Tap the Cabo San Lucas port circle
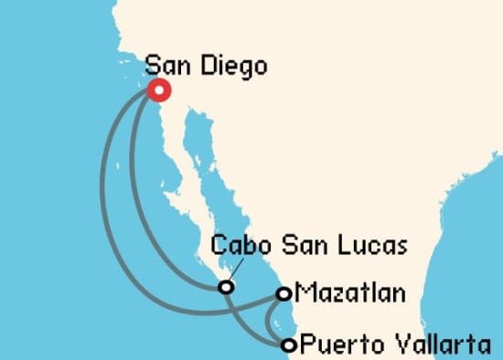pos(225,288)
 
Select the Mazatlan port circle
pos(284,294)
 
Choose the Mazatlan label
pos(348,294)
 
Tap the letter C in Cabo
pos(219,247)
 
